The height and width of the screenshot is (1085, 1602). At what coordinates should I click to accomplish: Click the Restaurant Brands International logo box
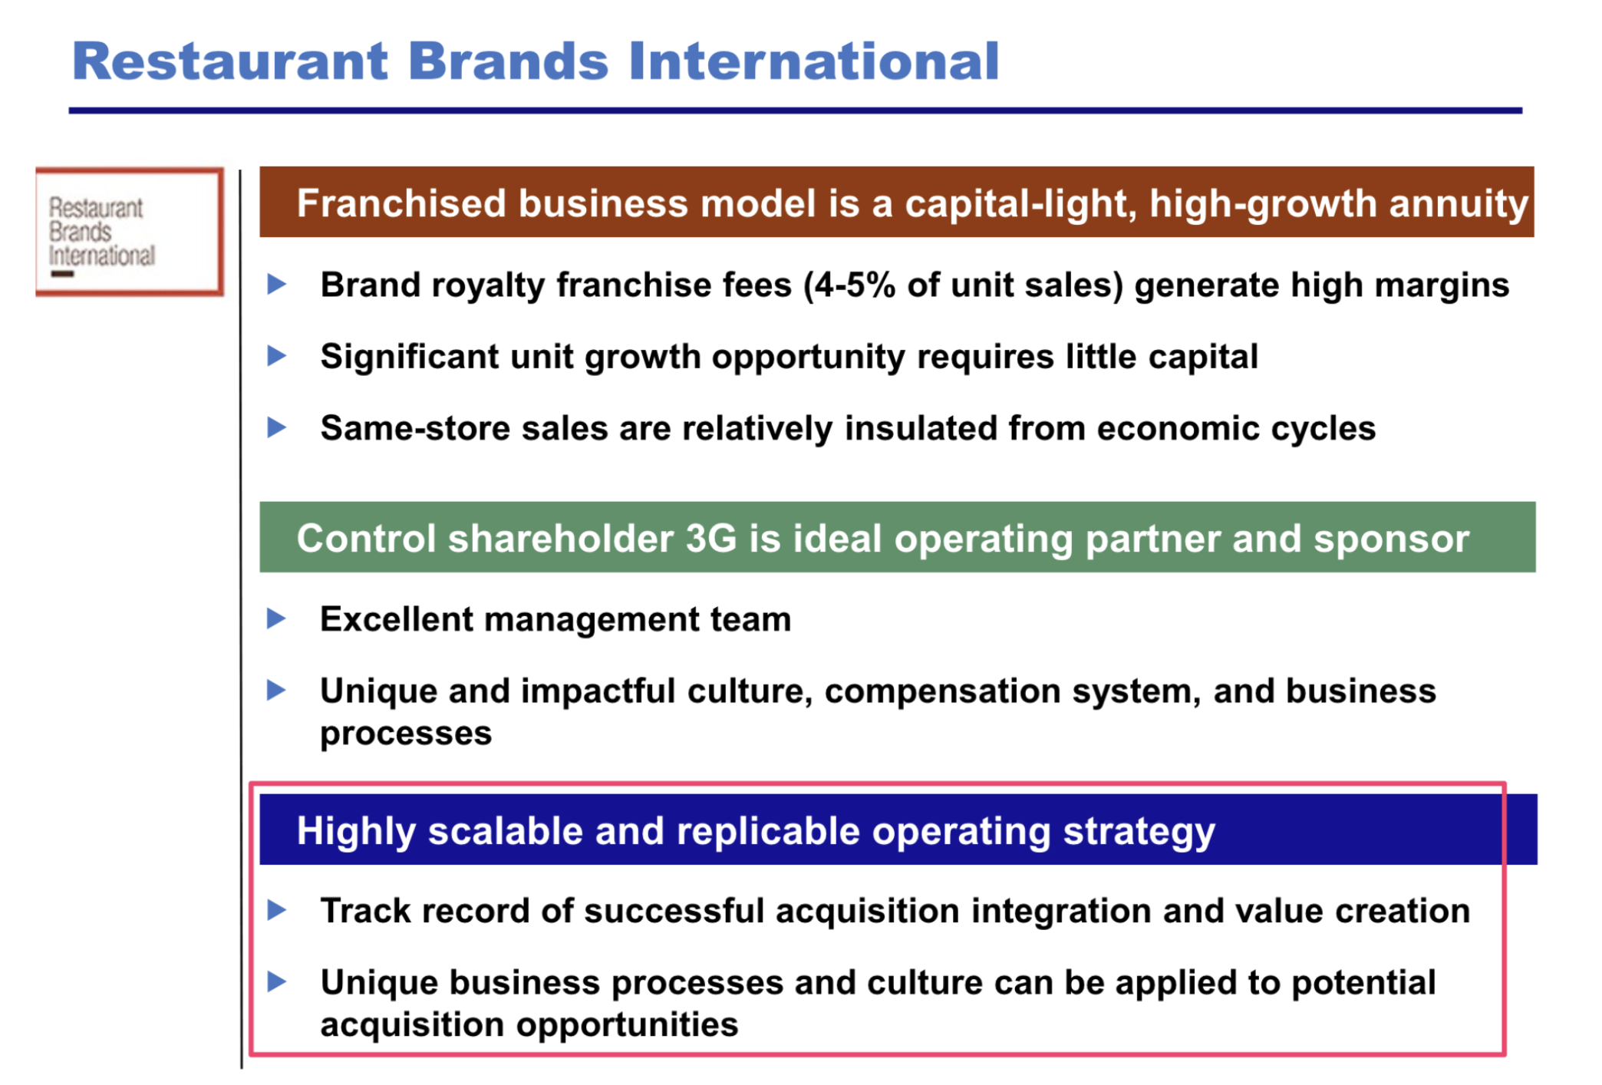click(130, 232)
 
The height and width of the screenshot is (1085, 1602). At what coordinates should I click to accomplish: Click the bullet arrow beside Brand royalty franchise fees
click(277, 284)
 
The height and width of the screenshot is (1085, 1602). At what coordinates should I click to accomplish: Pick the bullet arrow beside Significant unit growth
click(277, 355)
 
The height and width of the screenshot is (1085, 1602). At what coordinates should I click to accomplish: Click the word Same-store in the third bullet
click(415, 428)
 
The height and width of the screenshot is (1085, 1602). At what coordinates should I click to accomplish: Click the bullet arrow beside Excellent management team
click(277, 618)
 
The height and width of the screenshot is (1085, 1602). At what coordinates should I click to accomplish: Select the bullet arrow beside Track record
click(277, 910)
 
